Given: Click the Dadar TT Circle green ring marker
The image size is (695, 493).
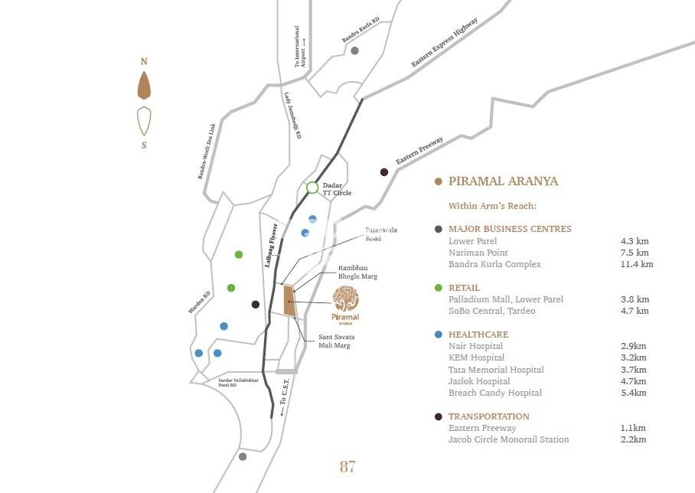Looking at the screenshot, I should coord(312,188).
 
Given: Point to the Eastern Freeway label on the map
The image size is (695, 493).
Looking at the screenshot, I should coord(419,150).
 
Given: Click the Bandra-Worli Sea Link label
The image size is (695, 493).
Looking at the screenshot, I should coord(208,151).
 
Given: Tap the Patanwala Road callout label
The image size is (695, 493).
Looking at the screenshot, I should coord(381,233).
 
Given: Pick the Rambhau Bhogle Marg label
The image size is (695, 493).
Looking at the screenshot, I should coord(357,272).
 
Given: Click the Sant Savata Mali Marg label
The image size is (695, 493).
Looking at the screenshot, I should coord(336,341).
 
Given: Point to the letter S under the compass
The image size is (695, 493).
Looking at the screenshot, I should coord(144,145).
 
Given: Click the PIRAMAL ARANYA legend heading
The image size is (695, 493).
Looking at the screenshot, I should coord(503,181).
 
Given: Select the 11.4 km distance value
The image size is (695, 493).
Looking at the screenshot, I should coord(637,264).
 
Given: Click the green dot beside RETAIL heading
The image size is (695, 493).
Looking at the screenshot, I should coord(438,288).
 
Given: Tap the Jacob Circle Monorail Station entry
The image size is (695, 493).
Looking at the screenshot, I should coord(508,439).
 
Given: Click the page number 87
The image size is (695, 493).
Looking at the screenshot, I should coord(347,466).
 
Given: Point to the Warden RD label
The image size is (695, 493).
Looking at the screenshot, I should coord(199,302).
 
